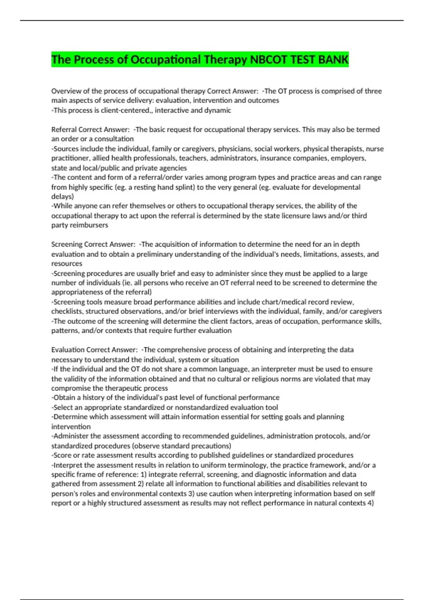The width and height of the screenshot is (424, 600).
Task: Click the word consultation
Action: pos(114,139)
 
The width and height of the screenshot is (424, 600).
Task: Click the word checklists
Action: pos(67,311)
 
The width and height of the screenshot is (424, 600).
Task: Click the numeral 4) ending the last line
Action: pos(371,503)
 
